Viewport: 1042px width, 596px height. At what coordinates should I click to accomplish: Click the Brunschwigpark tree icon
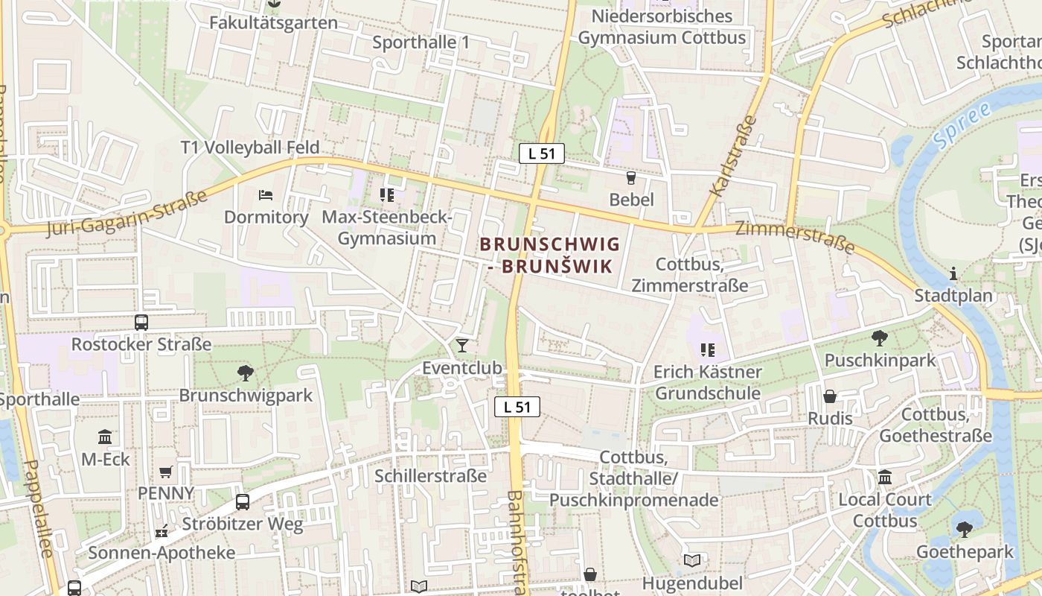[245, 373]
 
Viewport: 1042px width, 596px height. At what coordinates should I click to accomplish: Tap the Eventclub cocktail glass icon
[462, 345]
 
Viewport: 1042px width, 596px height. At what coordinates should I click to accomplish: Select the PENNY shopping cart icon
[165, 472]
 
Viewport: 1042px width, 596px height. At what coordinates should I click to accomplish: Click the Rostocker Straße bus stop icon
[141, 323]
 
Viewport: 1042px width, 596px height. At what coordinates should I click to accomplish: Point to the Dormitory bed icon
[266, 195]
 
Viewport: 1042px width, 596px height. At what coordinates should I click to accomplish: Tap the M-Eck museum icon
[105, 437]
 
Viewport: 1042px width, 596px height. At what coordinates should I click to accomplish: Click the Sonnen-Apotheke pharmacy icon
[162, 531]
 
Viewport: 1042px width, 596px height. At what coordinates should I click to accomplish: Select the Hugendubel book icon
[692, 560]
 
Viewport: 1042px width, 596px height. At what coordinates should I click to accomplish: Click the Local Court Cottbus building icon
[885, 477]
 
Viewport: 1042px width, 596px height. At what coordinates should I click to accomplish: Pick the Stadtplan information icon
[953, 274]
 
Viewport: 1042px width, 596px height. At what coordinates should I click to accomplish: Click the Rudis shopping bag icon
[830, 396]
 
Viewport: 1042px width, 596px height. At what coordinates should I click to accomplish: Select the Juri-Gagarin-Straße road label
[127, 213]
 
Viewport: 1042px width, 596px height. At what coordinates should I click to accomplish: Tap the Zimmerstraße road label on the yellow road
[794, 237]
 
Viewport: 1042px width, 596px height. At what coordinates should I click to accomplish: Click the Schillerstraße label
[431, 476]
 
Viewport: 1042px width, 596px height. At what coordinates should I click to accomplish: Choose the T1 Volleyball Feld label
[250, 148]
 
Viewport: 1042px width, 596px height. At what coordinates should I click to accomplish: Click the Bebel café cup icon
[631, 177]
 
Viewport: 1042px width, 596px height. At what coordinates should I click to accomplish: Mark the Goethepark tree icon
[965, 530]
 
